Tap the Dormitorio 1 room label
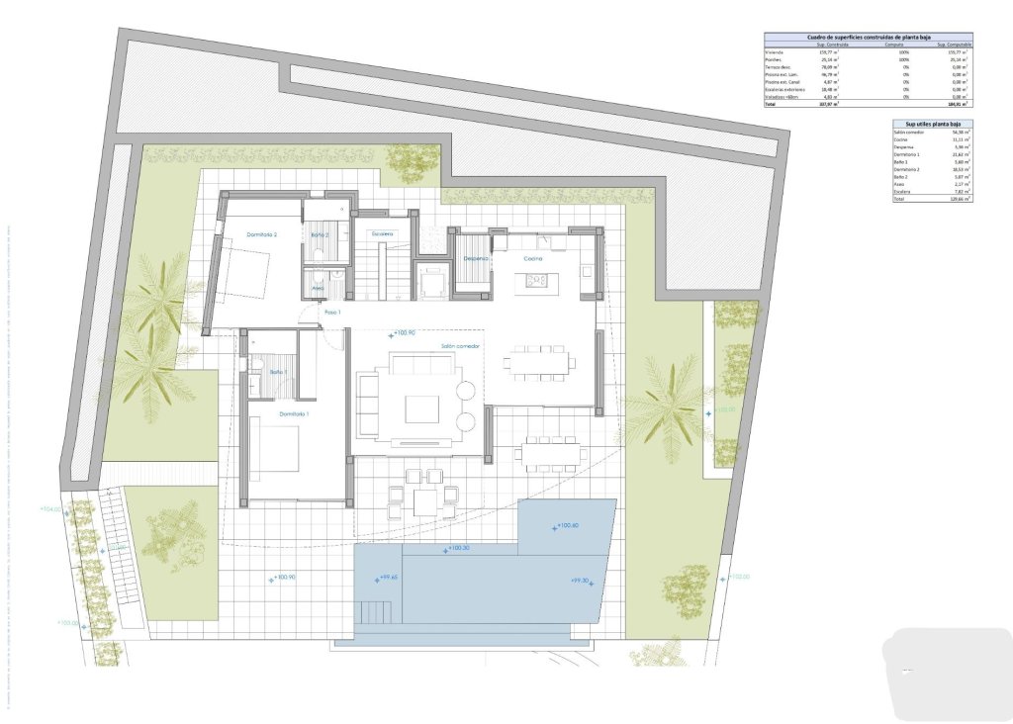294,413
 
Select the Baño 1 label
278,372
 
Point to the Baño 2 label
320,234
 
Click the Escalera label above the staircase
383,233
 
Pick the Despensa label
477,258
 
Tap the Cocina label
533,258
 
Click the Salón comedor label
460,346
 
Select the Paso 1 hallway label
332,313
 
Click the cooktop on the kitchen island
537,280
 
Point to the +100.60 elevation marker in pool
566,526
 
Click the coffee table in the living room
422,408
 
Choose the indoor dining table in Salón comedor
539,361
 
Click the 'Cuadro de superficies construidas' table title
868,37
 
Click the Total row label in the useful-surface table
899,200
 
